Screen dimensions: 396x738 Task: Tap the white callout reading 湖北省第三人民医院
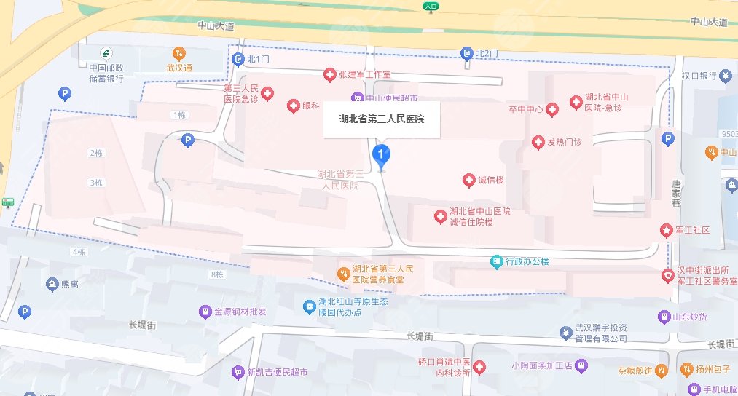(382, 119)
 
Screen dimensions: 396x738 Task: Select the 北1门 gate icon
(236, 58)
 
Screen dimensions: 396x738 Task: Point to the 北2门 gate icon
(467, 53)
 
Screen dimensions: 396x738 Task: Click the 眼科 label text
(311, 106)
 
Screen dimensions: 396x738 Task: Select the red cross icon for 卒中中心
(552, 109)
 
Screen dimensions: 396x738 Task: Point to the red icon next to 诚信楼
(469, 180)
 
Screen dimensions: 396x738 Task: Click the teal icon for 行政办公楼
(496, 261)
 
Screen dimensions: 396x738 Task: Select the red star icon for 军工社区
(667, 230)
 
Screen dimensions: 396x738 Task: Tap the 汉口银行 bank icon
(726, 76)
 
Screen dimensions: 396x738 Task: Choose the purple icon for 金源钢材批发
(206, 312)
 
